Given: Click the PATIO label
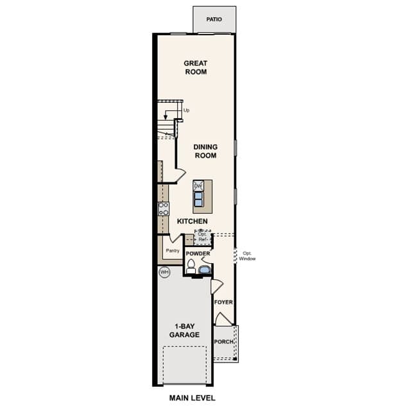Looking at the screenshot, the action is point(214,19).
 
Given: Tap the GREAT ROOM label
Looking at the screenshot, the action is point(196,67).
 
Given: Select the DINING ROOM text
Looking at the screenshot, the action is point(205,151).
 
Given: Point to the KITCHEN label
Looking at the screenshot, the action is point(192,221).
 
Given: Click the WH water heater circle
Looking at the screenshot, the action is point(164,272).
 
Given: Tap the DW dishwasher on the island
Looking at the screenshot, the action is point(198,186).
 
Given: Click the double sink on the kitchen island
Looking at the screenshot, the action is point(198,200).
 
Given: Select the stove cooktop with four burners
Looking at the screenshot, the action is point(163,209).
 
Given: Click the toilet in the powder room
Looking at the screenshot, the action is point(191,267).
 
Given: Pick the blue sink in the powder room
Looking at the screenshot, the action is point(205,269).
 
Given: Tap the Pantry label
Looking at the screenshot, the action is point(173,250).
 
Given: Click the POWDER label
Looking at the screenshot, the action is point(198,253).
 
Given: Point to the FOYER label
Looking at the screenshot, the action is point(223,302).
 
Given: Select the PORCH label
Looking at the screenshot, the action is point(223,342).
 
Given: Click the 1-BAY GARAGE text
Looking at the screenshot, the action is point(184,330).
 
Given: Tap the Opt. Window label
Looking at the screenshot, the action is point(247,256).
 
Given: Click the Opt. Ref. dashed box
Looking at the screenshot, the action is point(202,237).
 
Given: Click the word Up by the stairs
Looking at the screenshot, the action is point(186,110).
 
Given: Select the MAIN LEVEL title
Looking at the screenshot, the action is point(192,398).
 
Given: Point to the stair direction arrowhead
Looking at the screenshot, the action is point(166,117).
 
